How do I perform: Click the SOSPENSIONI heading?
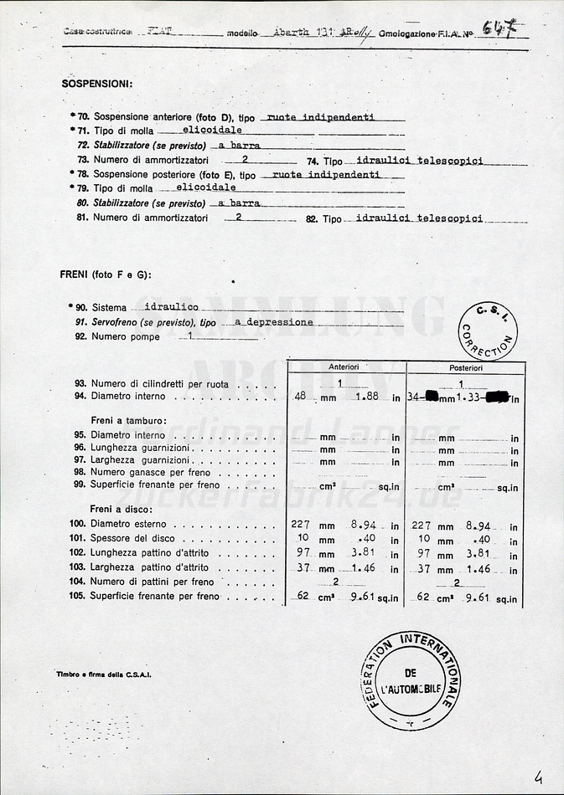[x=96, y=84]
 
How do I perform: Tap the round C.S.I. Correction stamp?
[x=488, y=331]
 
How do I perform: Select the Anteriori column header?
[x=344, y=367]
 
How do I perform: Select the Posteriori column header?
[x=465, y=367]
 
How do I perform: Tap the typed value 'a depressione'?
[x=274, y=321]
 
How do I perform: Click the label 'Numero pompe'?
[x=126, y=336]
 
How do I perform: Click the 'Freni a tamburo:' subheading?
[x=128, y=420]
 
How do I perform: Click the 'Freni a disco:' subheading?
[x=123, y=509]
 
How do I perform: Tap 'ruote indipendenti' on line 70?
[x=320, y=117]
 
